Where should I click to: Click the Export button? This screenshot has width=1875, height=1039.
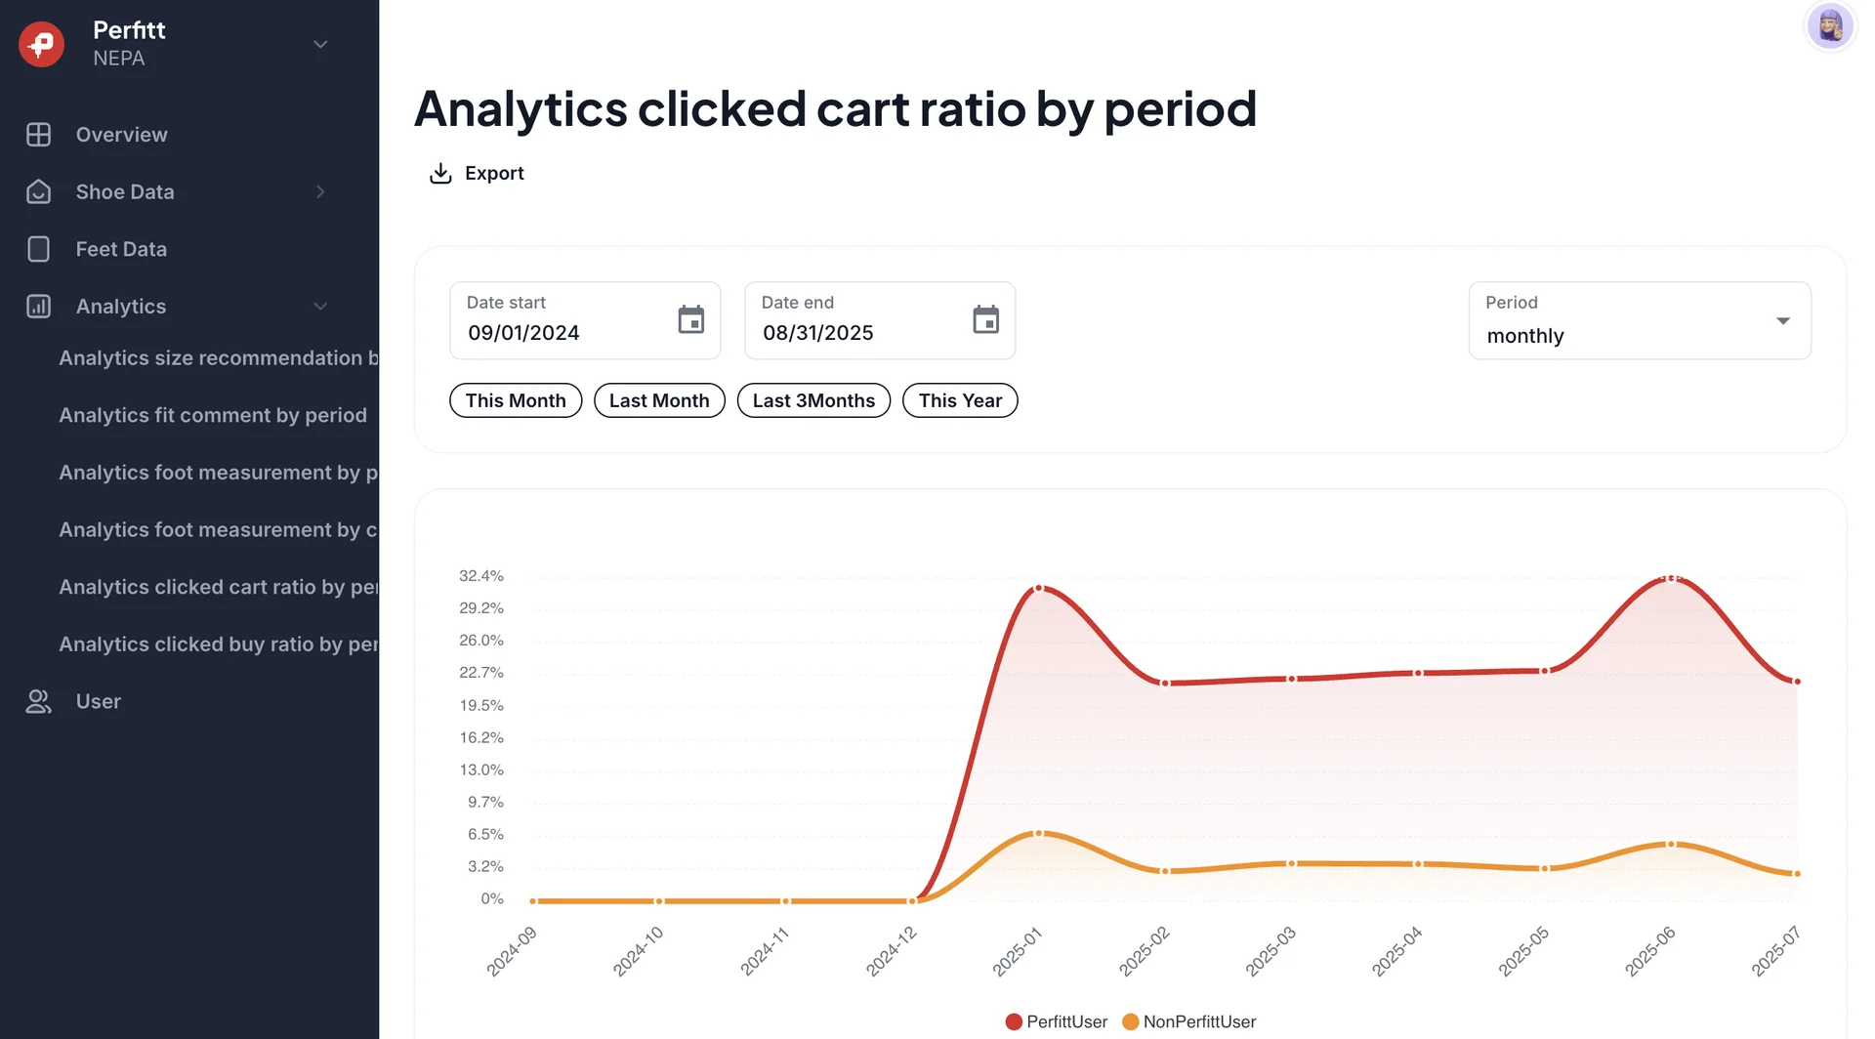coord(478,174)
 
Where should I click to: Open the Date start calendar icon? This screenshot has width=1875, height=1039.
coord(690,319)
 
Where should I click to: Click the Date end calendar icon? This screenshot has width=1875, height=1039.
coord(985,319)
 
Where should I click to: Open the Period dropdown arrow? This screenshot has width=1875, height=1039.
coord(1782,321)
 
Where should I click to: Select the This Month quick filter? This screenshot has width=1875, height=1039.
coord(516,400)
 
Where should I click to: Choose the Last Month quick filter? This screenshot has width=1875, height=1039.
coord(659,400)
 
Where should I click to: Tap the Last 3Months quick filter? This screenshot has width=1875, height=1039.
coord(813,400)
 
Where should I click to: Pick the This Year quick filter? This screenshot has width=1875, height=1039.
coord(960,400)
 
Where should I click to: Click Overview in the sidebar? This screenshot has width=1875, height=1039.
coord(121,135)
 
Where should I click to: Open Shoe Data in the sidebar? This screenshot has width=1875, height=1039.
coord(125,192)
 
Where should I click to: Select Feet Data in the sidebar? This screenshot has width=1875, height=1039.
coord(121,249)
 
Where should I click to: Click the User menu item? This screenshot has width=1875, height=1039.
coord(98,701)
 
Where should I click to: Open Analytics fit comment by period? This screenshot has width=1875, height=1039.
coord(213,415)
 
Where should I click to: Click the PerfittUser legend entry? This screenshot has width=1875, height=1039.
coord(1057,1021)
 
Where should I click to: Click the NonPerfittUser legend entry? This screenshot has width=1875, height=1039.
coord(1189,1021)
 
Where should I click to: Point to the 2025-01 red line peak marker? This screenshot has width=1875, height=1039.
coord(1039,588)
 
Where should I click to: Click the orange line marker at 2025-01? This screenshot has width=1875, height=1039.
coord(1039,833)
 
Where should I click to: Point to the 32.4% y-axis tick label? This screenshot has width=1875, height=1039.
coord(481,576)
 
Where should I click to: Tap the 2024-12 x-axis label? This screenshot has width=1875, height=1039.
coord(892,951)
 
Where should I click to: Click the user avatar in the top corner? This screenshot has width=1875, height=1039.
coord(1829,26)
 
